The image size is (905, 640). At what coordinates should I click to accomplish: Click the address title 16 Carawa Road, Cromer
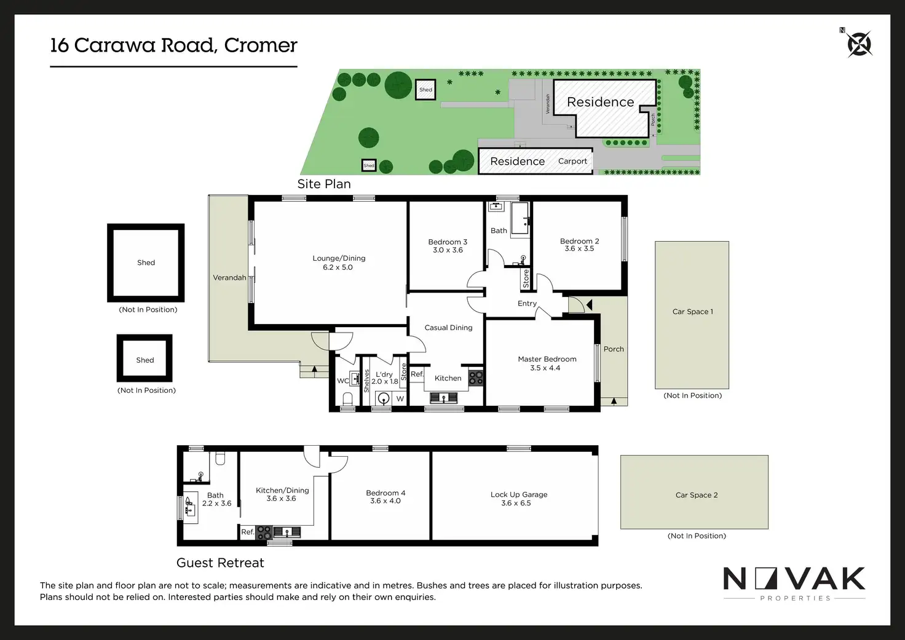(173, 45)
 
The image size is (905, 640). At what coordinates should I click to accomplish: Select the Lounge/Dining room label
(339, 258)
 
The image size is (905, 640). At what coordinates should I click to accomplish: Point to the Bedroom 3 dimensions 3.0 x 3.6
(448, 250)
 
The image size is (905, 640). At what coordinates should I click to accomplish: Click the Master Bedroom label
(547, 359)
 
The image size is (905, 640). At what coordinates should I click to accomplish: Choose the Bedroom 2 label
(579, 241)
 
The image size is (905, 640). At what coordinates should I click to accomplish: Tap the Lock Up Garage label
(518, 494)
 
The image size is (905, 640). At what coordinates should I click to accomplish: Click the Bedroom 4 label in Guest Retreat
(385, 493)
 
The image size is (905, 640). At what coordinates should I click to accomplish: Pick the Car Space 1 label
(692, 312)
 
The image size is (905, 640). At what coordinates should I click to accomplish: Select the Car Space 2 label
(696, 495)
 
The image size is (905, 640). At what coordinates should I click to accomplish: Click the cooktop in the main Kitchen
(476, 377)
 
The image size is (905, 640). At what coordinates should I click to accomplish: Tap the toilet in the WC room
(347, 400)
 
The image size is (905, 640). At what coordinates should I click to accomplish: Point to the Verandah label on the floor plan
(229, 278)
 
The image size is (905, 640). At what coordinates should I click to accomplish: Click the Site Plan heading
(324, 184)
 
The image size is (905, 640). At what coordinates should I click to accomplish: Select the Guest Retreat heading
(220, 563)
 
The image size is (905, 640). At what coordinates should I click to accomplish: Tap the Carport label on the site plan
(572, 161)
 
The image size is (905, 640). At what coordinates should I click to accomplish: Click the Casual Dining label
(448, 328)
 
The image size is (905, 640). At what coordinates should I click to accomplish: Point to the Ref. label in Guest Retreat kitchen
(248, 532)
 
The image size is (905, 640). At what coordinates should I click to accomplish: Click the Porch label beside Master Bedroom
(614, 349)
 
